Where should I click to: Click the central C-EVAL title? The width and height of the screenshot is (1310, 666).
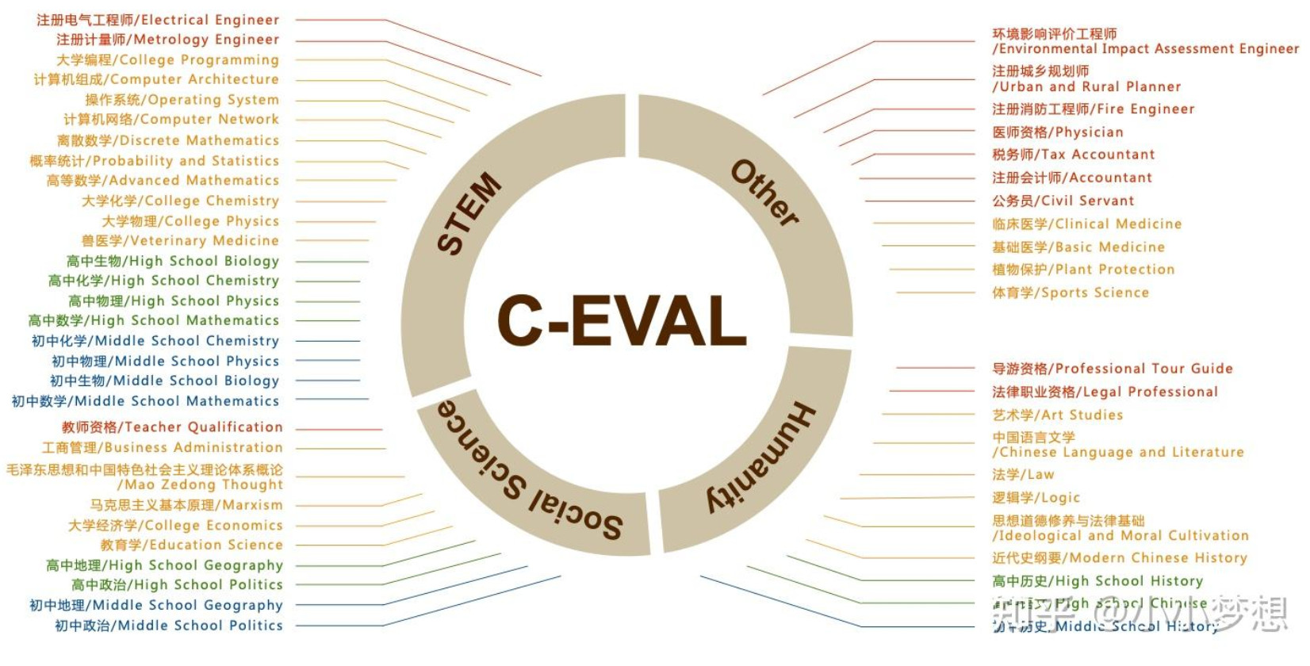tap(622, 320)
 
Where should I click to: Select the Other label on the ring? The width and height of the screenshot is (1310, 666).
tap(764, 193)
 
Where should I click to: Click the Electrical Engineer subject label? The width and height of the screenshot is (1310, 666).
tap(158, 20)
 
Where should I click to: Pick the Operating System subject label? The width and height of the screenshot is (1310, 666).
tap(182, 100)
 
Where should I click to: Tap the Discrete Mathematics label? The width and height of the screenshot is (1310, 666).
tap(167, 140)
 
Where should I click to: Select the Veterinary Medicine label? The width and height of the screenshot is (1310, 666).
tap(180, 240)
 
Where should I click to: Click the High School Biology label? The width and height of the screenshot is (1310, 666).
tap(173, 261)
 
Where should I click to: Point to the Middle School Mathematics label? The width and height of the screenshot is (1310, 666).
tap(145, 401)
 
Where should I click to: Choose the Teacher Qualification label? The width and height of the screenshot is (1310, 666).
tap(172, 427)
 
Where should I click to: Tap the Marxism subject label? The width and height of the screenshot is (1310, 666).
tap(186, 505)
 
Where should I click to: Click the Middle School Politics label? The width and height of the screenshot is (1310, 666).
tap(168, 626)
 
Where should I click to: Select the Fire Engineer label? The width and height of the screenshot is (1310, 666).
tap(1093, 109)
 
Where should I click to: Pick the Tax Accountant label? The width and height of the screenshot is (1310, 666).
tap(1073, 155)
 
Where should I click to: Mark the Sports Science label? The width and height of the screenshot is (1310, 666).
tap(1070, 293)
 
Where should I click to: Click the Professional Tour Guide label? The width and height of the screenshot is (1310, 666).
tap(1112, 369)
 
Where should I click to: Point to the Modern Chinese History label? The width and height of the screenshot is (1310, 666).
tap(1119, 558)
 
